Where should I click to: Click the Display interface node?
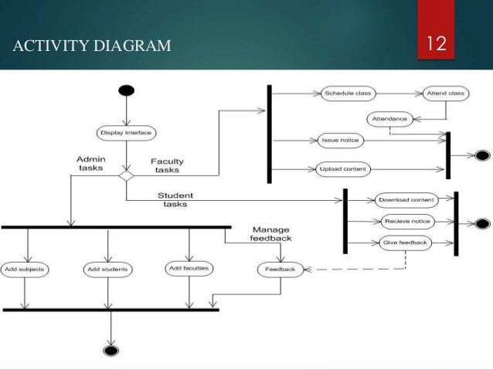click(126, 133)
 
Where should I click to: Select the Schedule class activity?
click(347, 93)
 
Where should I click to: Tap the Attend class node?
click(445, 93)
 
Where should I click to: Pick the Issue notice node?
click(341, 141)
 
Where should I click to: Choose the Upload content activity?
click(344, 168)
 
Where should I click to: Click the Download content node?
click(405, 200)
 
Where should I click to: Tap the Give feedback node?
click(406, 243)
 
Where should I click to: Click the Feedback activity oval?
click(280, 270)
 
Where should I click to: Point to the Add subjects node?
click(26, 270)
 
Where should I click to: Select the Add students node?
click(107, 270)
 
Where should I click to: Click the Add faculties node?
click(189, 269)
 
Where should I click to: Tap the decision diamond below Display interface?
click(126, 175)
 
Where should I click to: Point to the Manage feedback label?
click(270, 234)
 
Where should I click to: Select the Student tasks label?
click(175, 199)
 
